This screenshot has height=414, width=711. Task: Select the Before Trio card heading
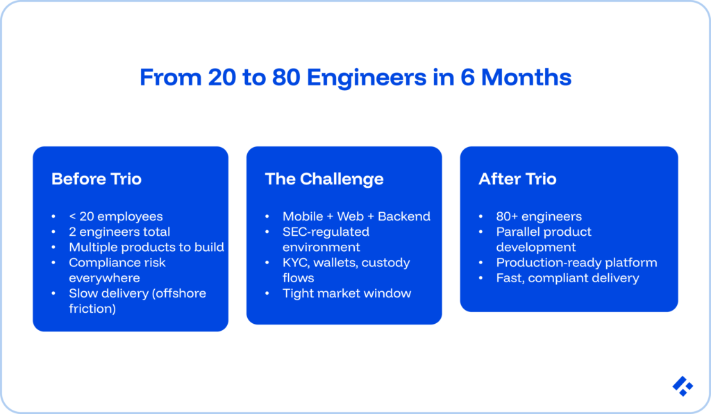tap(97, 179)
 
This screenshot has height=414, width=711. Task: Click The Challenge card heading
tap(324, 179)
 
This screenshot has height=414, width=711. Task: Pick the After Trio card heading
tap(517, 179)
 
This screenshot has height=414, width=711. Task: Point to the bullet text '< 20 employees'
tap(116, 216)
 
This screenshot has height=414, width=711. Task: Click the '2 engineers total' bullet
tap(119, 232)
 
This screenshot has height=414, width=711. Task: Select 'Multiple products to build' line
tap(147, 247)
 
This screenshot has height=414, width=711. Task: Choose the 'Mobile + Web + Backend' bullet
tap(356, 216)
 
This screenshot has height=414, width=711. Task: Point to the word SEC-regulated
tap(326, 232)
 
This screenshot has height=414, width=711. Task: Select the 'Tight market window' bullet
tap(346, 293)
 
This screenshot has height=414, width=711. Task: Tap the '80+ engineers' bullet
tap(539, 216)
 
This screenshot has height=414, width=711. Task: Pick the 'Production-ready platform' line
tap(576, 263)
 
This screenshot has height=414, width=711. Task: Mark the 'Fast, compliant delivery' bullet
tap(567, 278)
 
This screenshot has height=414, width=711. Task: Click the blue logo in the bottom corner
tap(683, 386)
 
